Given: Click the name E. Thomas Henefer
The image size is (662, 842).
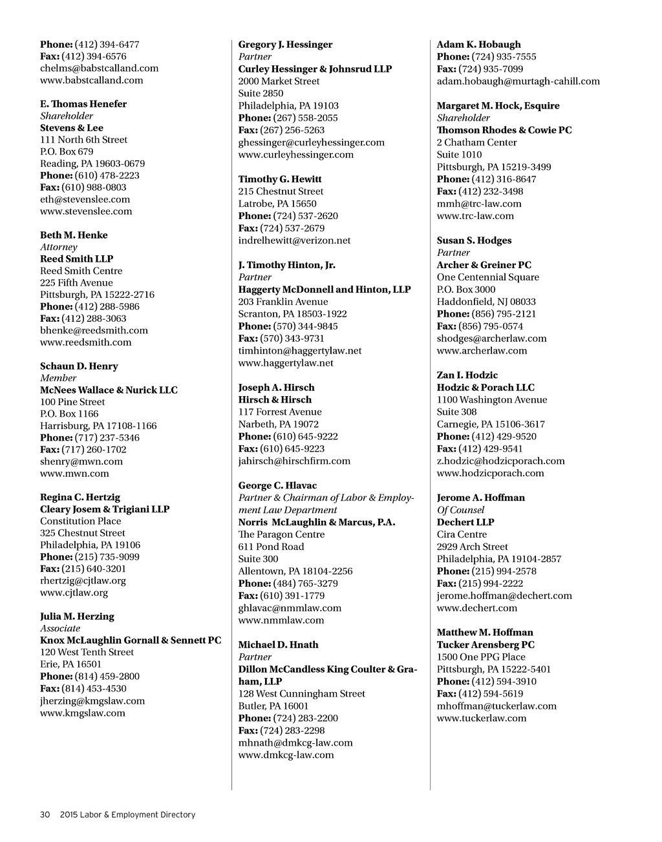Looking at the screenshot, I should point(83,104).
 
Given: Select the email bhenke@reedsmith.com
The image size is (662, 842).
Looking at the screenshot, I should point(94,330).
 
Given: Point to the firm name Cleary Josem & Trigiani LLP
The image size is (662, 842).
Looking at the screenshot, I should point(105,509).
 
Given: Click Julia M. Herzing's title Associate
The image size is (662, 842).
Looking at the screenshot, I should point(60,629).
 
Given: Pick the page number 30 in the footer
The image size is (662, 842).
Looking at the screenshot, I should point(45,815).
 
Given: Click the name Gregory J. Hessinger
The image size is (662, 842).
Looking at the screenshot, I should point(285,45).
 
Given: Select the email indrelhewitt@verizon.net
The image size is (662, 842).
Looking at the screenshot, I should point(294,240).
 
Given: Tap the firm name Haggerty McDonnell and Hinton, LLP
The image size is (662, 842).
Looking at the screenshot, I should point(325,289).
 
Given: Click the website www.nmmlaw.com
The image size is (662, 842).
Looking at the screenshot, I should point(281,620).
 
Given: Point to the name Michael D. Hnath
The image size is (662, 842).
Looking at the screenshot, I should point(278,645).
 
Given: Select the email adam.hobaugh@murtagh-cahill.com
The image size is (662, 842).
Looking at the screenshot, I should point(518,81).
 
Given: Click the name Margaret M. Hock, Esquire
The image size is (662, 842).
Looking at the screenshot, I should point(498,106).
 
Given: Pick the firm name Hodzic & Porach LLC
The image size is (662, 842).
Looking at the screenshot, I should point(486,388).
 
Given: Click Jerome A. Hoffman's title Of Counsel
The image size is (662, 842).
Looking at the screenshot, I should point(461,510).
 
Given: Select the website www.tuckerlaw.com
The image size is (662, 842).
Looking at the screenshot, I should point(482,719).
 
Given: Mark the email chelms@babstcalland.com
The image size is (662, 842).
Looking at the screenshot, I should point(99,68).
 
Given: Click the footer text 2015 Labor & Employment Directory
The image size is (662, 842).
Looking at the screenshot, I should point(127,815).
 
